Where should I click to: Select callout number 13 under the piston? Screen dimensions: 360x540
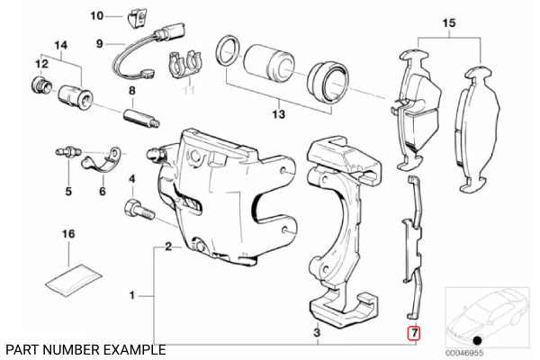(x=279, y=115)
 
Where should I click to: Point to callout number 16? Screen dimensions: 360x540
(x=67, y=235)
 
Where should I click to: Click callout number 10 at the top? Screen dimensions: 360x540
(x=98, y=15)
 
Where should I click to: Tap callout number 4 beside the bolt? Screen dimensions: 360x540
(x=131, y=178)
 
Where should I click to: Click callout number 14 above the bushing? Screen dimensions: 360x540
(x=61, y=45)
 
